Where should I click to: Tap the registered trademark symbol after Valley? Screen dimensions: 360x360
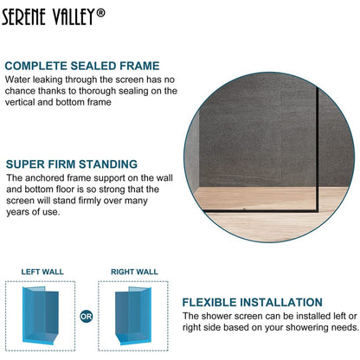click(125, 12)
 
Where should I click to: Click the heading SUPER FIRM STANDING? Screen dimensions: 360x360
click(71, 164)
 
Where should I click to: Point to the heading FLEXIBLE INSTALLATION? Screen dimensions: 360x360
click(252, 303)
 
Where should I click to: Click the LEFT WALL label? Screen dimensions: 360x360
click(42, 272)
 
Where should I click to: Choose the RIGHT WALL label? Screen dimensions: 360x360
click(134, 272)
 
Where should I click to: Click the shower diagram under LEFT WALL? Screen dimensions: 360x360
click(42, 317)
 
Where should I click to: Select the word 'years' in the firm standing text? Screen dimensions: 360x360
click(19, 212)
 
